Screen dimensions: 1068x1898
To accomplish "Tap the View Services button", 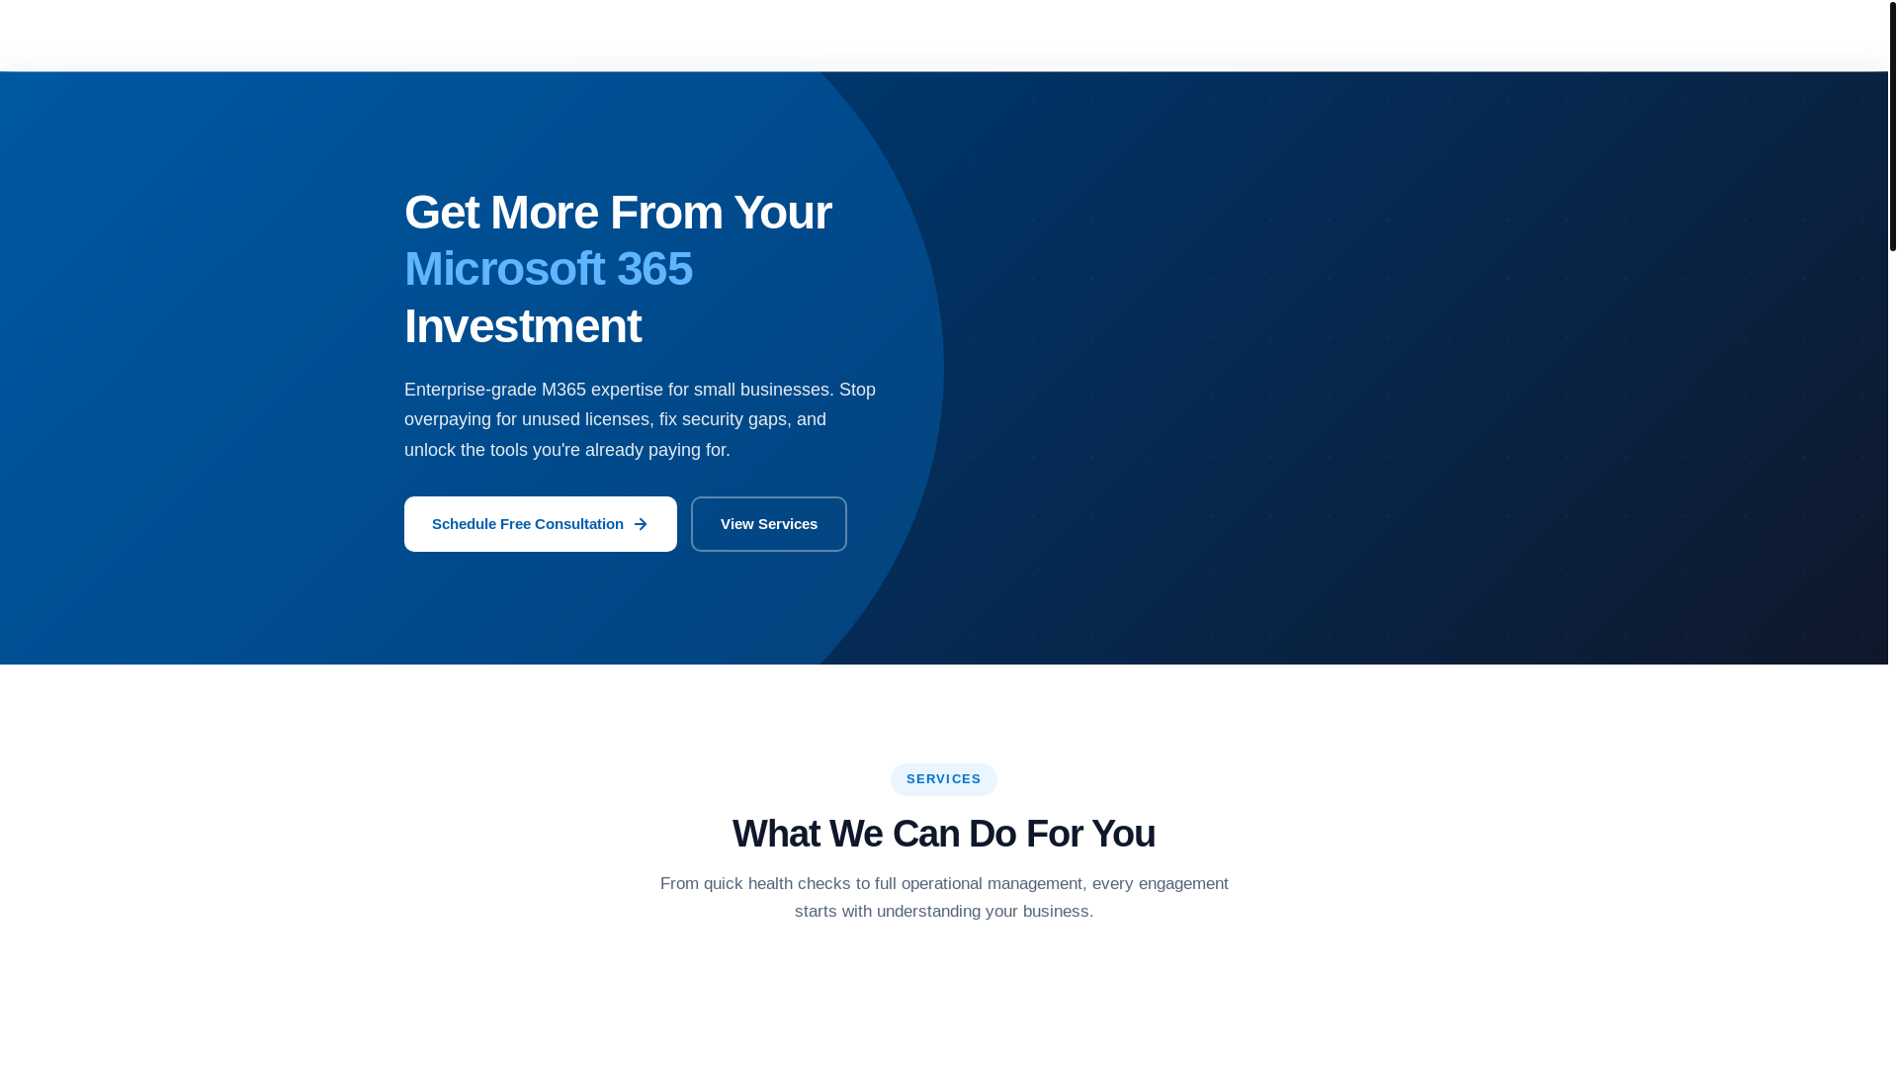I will click(768, 524).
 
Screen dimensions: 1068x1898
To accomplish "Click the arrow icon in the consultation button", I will click(641, 524).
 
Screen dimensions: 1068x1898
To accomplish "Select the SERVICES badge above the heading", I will click(943, 779).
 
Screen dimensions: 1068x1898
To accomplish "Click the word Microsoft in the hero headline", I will click(504, 269).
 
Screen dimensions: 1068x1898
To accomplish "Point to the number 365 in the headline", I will click(654, 269).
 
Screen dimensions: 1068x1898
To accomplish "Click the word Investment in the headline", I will click(522, 326).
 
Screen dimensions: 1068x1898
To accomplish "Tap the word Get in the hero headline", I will click(441, 213).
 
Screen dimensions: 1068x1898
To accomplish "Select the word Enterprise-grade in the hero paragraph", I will click(470, 390).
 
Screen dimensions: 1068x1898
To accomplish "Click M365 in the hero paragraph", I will click(563, 390).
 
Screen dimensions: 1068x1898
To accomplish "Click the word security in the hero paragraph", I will click(713, 419).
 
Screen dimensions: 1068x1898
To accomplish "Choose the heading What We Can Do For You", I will click(943, 834).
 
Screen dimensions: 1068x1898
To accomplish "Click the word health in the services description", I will click(770, 883).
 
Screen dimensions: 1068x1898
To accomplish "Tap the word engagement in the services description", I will click(1183, 883).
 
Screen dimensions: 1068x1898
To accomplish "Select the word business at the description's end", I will click(1055, 911).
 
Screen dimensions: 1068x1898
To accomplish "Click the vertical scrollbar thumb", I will click(1892, 126).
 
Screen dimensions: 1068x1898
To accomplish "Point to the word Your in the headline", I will click(782, 213).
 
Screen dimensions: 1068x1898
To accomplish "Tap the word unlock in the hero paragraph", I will click(430, 450).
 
